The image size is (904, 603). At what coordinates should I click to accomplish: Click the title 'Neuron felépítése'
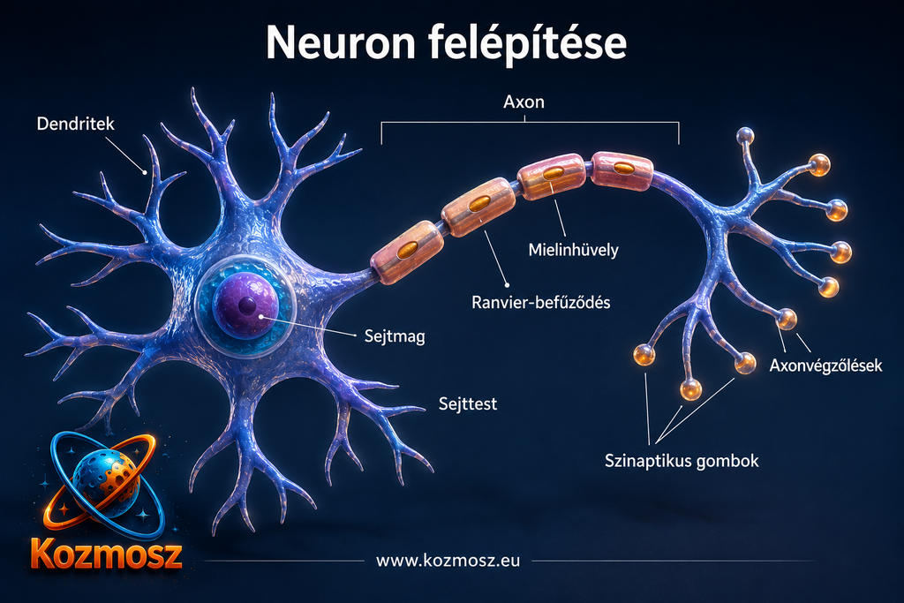(x=446, y=43)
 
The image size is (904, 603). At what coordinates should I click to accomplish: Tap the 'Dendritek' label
(x=76, y=124)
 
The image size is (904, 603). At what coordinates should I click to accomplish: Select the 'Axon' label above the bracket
(x=524, y=102)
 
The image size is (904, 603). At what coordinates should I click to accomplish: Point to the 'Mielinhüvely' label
(x=573, y=250)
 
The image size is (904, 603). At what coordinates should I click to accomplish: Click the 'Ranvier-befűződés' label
(x=541, y=302)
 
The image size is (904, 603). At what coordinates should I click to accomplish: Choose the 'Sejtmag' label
(x=395, y=336)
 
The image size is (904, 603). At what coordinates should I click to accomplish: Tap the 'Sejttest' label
(x=468, y=403)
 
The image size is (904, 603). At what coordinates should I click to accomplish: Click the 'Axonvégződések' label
(x=825, y=365)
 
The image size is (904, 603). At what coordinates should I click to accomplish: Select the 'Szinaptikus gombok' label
(x=682, y=461)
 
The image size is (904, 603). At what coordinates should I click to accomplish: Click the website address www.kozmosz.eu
(x=448, y=561)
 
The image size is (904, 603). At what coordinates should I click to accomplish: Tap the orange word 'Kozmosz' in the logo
(x=107, y=554)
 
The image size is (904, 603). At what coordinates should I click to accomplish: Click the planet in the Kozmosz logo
(x=106, y=476)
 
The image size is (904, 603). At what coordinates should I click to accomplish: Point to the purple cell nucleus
(x=246, y=305)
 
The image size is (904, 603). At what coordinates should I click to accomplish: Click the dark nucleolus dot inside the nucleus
(x=248, y=305)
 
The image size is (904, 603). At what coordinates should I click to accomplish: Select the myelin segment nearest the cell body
(x=408, y=252)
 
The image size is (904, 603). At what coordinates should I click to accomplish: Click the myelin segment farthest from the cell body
(x=622, y=170)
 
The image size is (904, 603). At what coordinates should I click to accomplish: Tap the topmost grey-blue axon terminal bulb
(x=745, y=136)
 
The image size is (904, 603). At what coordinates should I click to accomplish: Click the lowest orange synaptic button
(x=690, y=389)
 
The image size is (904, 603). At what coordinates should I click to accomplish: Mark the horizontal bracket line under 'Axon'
(x=530, y=122)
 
